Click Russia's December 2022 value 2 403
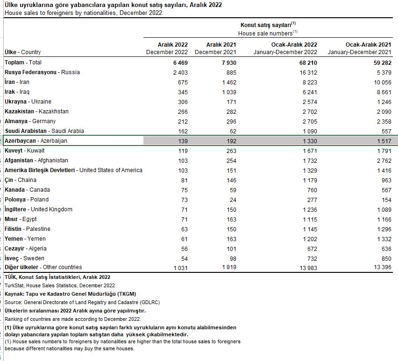[x=180, y=72]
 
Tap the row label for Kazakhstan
[x=36, y=111]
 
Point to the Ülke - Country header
[x=22, y=52]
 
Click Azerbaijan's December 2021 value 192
[x=231, y=141]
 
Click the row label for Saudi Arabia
[x=44, y=131]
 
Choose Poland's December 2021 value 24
[x=233, y=200]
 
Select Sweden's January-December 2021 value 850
[x=385, y=258]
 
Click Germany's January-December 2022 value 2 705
[x=309, y=121]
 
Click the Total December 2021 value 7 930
[x=229, y=62]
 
